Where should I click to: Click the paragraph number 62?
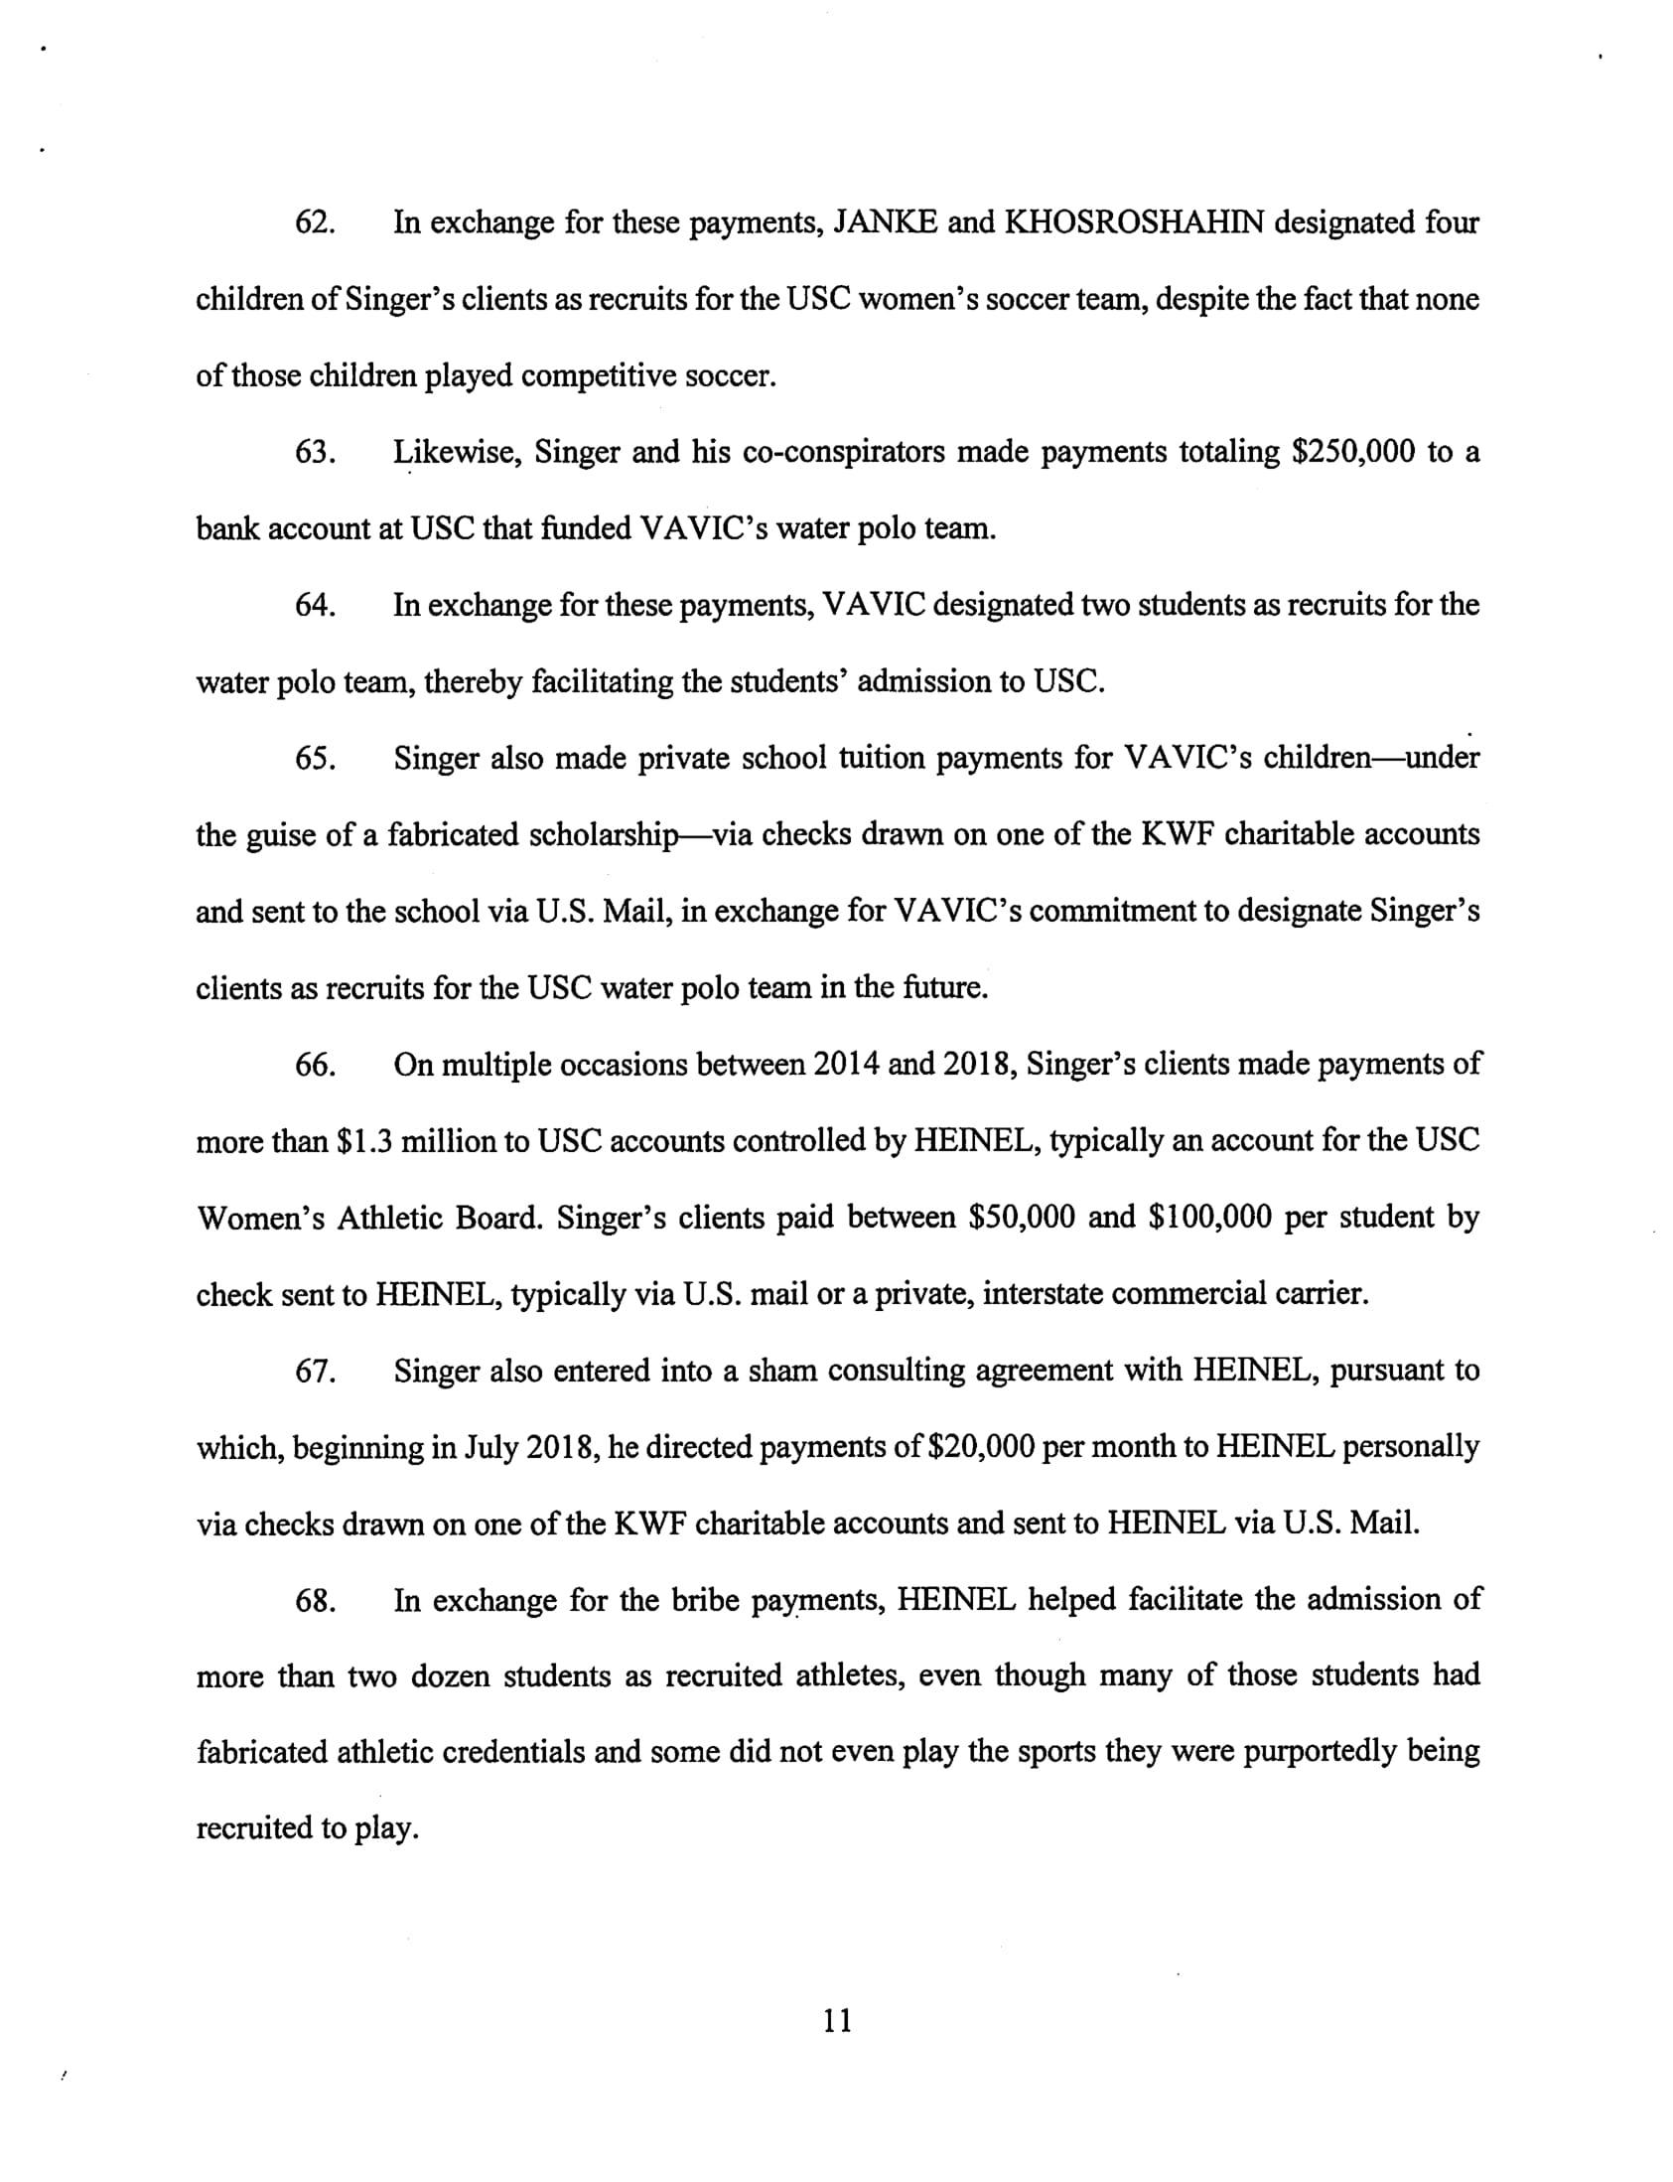[314, 223]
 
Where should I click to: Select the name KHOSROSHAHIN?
[1133, 223]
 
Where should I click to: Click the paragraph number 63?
[314, 452]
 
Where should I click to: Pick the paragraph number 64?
[314, 606]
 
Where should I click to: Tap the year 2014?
[846, 1065]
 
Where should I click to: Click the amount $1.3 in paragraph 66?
[364, 1141]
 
